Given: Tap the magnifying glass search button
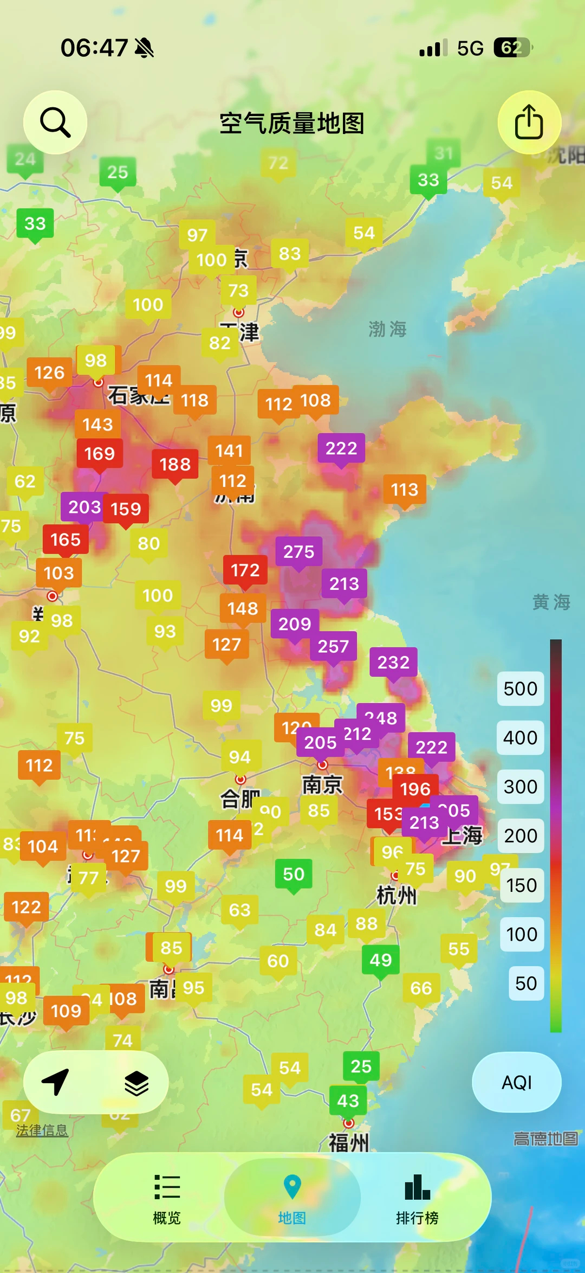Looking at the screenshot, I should point(55,123).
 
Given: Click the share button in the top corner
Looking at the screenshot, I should point(529,123).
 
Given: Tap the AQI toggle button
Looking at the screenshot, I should point(516,1083).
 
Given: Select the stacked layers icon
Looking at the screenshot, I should point(136,1083).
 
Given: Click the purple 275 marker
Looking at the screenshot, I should point(298,552).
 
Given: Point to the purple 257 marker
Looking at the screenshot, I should point(333,646).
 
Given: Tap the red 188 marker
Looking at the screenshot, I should point(175,465).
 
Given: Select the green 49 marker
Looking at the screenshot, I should point(380,960).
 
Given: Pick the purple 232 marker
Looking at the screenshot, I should point(393,663).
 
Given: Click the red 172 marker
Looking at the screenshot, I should point(245,570).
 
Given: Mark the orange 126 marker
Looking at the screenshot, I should point(49,373).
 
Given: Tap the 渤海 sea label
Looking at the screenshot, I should point(387,329).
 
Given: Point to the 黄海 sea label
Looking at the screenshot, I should point(551,602).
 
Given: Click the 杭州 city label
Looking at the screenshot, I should point(396,896).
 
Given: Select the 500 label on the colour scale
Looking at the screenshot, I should point(520,689).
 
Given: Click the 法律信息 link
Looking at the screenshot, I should point(42,1130).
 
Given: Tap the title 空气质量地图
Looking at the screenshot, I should point(291,124).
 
